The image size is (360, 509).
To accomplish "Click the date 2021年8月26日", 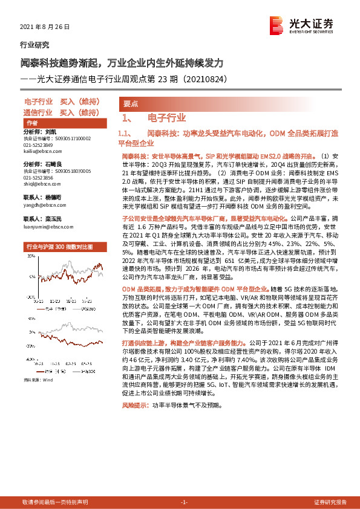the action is tap(46, 27).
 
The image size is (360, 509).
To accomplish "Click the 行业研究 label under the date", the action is tap(35, 45).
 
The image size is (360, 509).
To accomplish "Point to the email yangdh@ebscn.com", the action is tap(42, 204).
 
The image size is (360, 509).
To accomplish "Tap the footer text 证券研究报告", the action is tap(330, 502).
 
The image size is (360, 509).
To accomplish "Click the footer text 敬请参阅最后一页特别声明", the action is tap(54, 502).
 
